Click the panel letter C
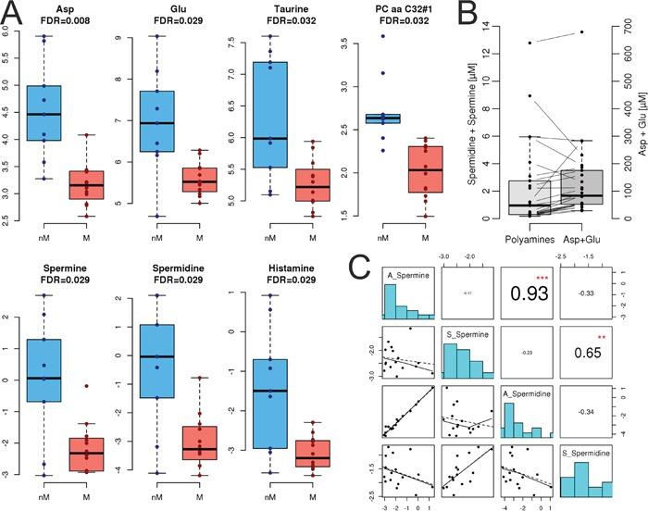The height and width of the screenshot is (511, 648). pos(364,267)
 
